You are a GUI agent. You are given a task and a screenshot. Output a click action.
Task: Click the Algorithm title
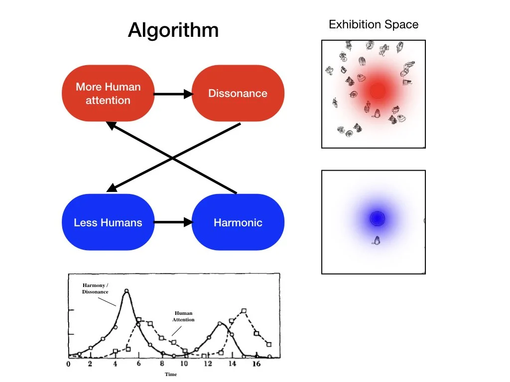tap(173, 31)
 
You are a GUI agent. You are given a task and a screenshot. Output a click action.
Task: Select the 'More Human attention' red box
tap(108, 94)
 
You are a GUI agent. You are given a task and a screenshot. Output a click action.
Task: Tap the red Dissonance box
tap(238, 94)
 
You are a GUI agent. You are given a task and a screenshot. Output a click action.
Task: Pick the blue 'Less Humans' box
tap(108, 222)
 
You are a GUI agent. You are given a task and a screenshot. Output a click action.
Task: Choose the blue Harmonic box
tap(238, 222)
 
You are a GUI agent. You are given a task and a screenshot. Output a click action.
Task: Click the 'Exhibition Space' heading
tap(374, 24)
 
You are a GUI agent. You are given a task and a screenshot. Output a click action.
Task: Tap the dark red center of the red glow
tap(377, 91)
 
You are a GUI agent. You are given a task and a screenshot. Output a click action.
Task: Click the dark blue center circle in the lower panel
tap(377, 218)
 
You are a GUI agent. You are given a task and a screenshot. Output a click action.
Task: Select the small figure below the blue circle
tap(377, 241)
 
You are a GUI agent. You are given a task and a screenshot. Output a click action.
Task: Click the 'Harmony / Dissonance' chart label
tap(95, 288)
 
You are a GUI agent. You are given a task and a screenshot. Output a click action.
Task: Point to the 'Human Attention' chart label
tap(183, 316)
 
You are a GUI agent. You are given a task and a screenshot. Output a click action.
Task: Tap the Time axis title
tap(171, 375)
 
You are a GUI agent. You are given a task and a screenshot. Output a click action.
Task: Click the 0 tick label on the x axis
tap(69, 364)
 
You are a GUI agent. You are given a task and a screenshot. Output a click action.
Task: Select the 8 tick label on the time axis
tap(162, 364)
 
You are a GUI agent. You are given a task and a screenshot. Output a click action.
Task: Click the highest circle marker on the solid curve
tap(127, 291)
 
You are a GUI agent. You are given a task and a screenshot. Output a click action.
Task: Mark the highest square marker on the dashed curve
tap(244, 311)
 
